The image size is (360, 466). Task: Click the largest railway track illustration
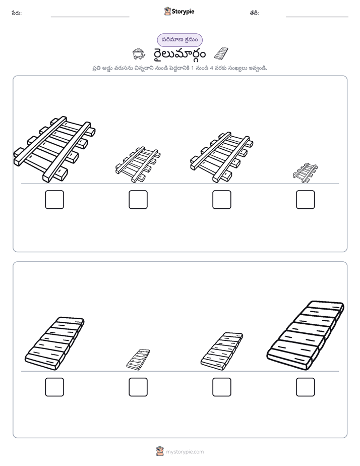tap(54, 149)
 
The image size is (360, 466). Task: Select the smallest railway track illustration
tap(305, 172)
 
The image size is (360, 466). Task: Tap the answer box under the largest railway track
tap(54, 200)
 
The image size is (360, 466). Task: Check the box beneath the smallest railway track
tap(306, 200)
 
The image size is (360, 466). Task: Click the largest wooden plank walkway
tap(306, 335)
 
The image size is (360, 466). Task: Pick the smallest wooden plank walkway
tap(138, 360)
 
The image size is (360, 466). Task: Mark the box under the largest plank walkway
tap(306, 387)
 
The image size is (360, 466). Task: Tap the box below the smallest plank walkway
tap(138, 387)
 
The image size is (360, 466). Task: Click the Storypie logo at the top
tap(179, 11)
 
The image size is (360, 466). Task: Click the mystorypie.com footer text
tap(185, 452)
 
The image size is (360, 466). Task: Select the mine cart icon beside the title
tap(139, 54)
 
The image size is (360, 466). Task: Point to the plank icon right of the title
tap(221, 54)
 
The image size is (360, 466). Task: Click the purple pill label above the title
tap(179, 40)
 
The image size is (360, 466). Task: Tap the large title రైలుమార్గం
tap(179, 54)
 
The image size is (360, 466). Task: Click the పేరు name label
tap(17, 13)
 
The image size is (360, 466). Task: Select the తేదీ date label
tap(254, 13)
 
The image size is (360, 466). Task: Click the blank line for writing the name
tap(90, 17)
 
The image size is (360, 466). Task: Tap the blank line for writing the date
tap(317, 17)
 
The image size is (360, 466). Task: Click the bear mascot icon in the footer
tap(160, 451)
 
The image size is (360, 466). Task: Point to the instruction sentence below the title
tap(179, 68)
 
